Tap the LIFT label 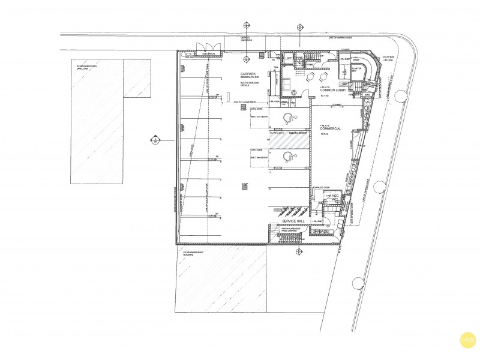[x=289, y=58]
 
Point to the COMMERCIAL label [x=331, y=128]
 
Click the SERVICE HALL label [x=294, y=221]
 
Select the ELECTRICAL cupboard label [x=208, y=53]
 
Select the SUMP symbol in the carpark [x=244, y=187]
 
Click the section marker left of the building [x=154, y=140]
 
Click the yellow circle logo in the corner [x=464, y=341]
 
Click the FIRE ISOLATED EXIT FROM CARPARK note [x=290, y=230]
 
